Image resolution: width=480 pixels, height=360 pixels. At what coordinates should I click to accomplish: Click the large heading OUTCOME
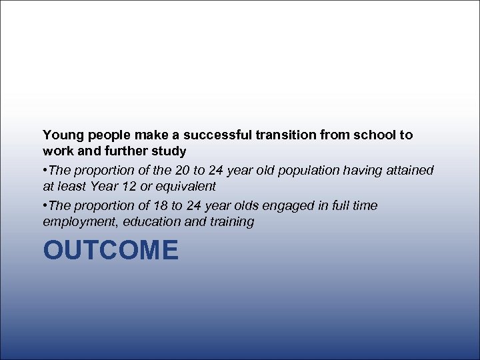click(x=111, y=251)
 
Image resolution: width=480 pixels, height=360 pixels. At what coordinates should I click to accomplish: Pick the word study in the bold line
click(x=169, y=151)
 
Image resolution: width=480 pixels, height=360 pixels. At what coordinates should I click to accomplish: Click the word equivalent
click(x=185, y=187)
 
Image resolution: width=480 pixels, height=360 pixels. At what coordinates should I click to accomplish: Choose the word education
click(x=153, y=222)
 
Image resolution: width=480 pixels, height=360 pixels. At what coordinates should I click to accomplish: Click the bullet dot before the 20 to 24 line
click(x=45, y=171)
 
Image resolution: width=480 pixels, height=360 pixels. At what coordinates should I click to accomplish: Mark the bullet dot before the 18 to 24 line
click(x=45, y=206)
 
